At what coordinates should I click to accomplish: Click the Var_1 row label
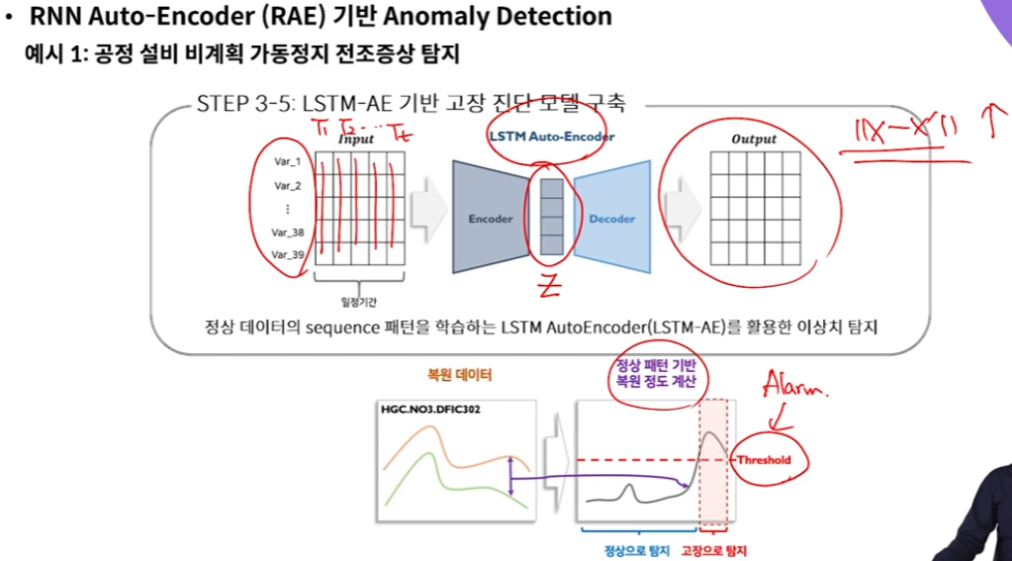click(x=287, y=161)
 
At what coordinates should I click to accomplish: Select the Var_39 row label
click(x=287, y=255)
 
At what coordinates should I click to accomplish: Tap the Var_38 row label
click(x=287, y=234)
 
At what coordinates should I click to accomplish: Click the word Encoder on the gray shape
click(x=491, y=219)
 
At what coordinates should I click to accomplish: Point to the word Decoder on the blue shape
click(x=611, y=219)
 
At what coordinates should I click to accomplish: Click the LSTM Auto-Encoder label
click(x=551, y=137)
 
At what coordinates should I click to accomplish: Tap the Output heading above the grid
click(x=754, y=140)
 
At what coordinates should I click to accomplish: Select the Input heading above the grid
click(x=356, y=140)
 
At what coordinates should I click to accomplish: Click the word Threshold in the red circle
click(x=763, y=460)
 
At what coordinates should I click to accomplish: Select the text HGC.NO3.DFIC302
click(x=430, y=410)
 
